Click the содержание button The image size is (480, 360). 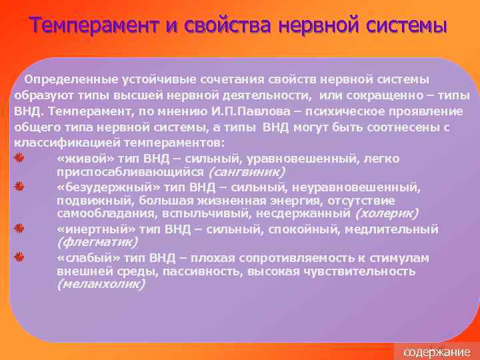(436, 351)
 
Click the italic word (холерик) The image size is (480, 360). (387, 213)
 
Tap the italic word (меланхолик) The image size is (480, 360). (101, 283)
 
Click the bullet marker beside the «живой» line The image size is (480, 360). (19, 158)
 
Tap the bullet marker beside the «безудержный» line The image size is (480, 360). (19, 187)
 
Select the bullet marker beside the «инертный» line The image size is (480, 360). (19, 229)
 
